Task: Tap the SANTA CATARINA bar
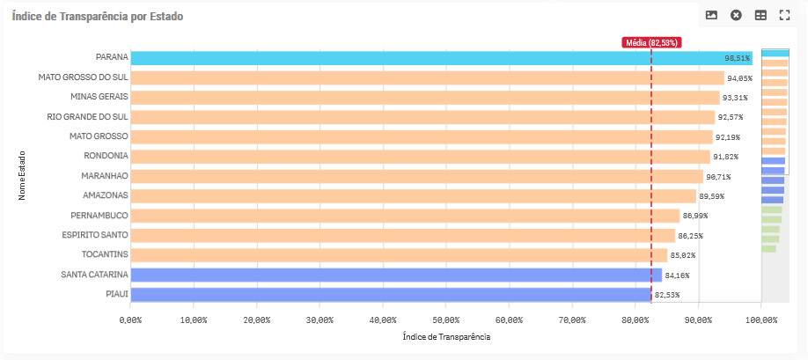[396, 275]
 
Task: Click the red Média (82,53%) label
[651, 42]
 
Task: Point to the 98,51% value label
[737, 58]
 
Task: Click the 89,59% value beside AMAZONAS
[712, 195]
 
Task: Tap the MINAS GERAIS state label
[99, 97]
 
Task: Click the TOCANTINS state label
[105, 254]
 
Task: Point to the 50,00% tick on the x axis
[446, 319]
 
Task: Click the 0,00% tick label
[130, 319]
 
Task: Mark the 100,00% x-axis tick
[761, 319]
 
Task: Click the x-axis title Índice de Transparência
[446, 336]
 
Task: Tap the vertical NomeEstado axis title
[22, 176]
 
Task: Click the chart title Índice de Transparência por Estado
[98, 17]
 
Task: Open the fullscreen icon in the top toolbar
[785, 15]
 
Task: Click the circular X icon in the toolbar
[736, 15]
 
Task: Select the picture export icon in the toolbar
[711, 15]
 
